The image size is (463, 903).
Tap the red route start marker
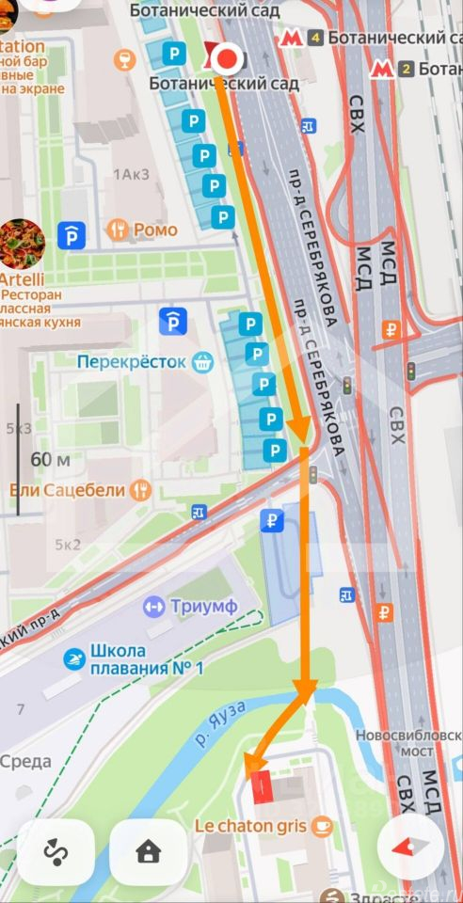pyautogui.click(x=226, y=59)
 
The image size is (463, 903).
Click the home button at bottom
pyautogui.click(x=148, y=852)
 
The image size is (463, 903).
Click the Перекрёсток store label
pyautogui.click(x=132, y=361)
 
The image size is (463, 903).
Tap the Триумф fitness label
pyautogui.click(x=202, y=607)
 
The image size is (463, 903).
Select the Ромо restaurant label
pyautogui.click(x=155, y=229)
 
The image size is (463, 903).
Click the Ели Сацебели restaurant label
pyautogui.click(x=68, y=490)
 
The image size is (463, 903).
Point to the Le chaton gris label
pyautogui.click(x=249, y=826)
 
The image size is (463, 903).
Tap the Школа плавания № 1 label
pyautogui.click(x=147, y=658)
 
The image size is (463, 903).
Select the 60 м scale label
pyautogui.click(x=51, y=460)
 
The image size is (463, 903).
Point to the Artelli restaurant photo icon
pyautogui.click(x=21, y=242)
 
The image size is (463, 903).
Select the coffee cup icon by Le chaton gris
pyautogui.click(x=323, y=826)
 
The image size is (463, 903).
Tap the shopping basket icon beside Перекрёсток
pyautogui.click(x=201, y=361)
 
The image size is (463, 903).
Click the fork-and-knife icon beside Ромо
pyautogui.click(x=118, y=229)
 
